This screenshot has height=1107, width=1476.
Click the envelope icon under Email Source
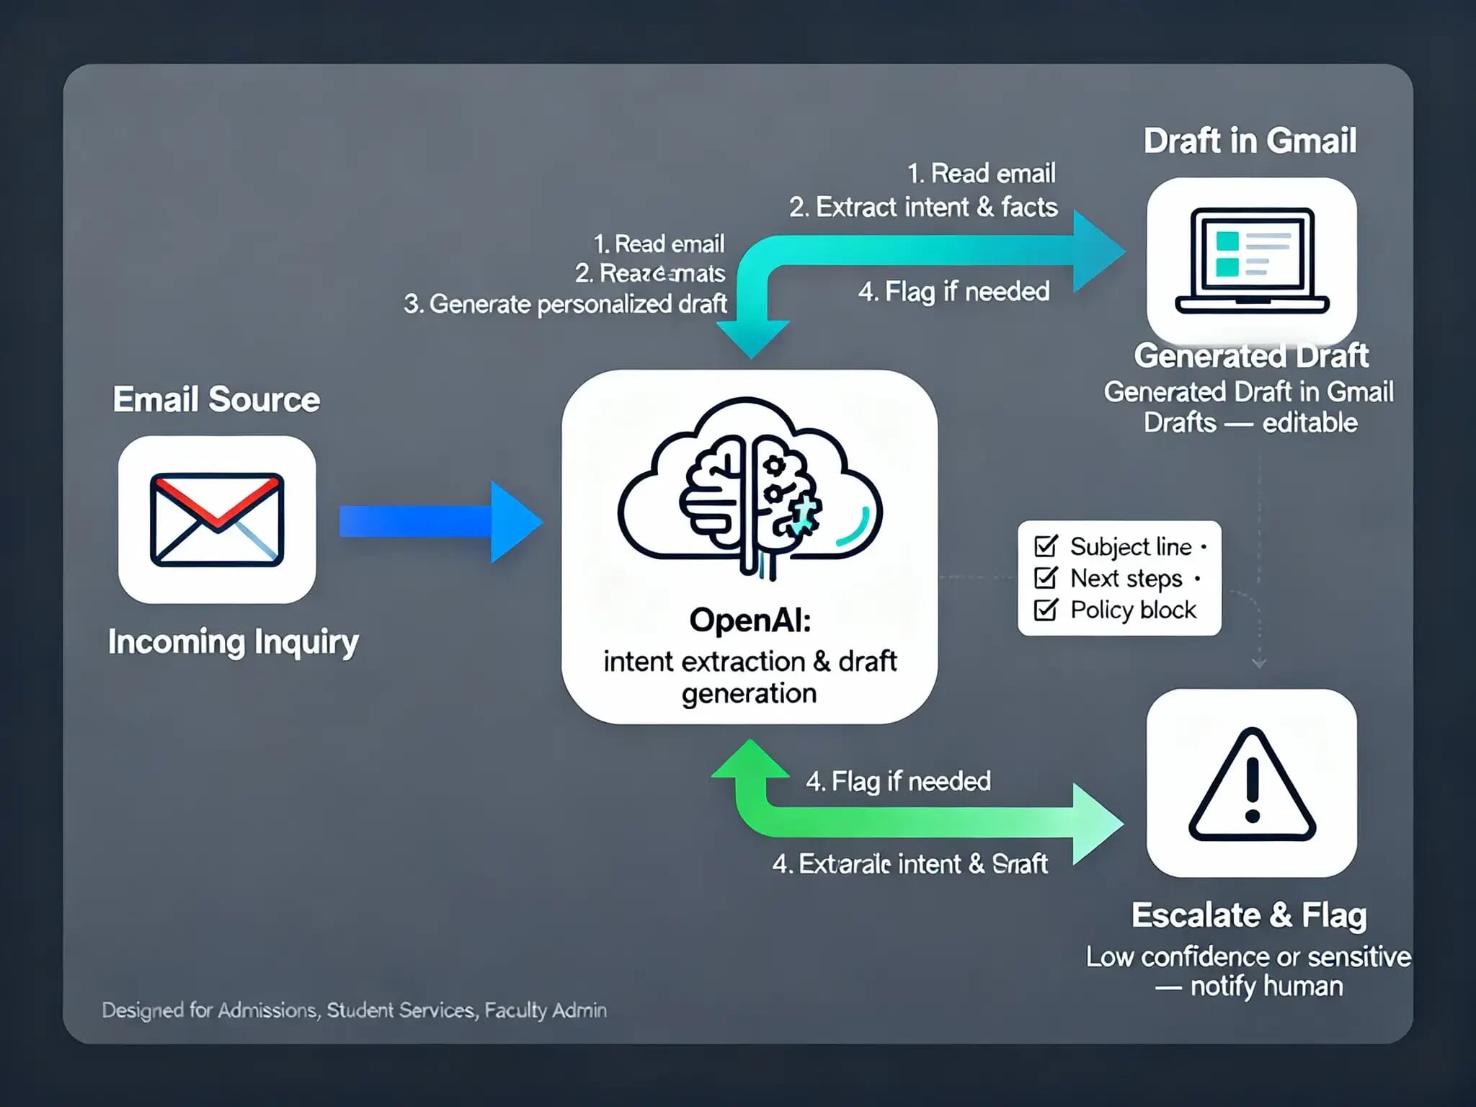[217, 520]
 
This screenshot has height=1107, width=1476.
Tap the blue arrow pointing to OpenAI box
[440, 522]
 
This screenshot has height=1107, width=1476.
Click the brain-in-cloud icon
[750, 489]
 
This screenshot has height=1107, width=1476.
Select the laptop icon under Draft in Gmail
[1252, 261]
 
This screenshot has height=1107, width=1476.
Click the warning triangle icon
[1252, 786]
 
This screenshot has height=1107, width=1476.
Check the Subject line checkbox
[1046, 546]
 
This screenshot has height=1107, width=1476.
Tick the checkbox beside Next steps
[1046, 578]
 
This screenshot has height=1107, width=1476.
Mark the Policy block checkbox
[1046, 610]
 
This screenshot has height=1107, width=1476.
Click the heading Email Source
[216, 399]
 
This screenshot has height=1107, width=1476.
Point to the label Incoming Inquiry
[233, 641]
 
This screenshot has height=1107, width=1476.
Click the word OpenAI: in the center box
[750, 620]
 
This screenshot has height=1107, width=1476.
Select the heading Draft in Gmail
[1250, 141]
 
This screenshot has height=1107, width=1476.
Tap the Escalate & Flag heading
[1249, 915]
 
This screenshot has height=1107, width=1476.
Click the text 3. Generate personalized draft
[565, 304]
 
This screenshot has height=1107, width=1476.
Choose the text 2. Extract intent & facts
[923, 208]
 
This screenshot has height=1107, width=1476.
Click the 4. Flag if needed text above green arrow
[898, 781]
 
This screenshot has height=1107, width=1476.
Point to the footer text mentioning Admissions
[354, 1010]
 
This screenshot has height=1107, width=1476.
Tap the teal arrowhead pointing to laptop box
[1099, 251]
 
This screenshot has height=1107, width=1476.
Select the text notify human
[1266, 986]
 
